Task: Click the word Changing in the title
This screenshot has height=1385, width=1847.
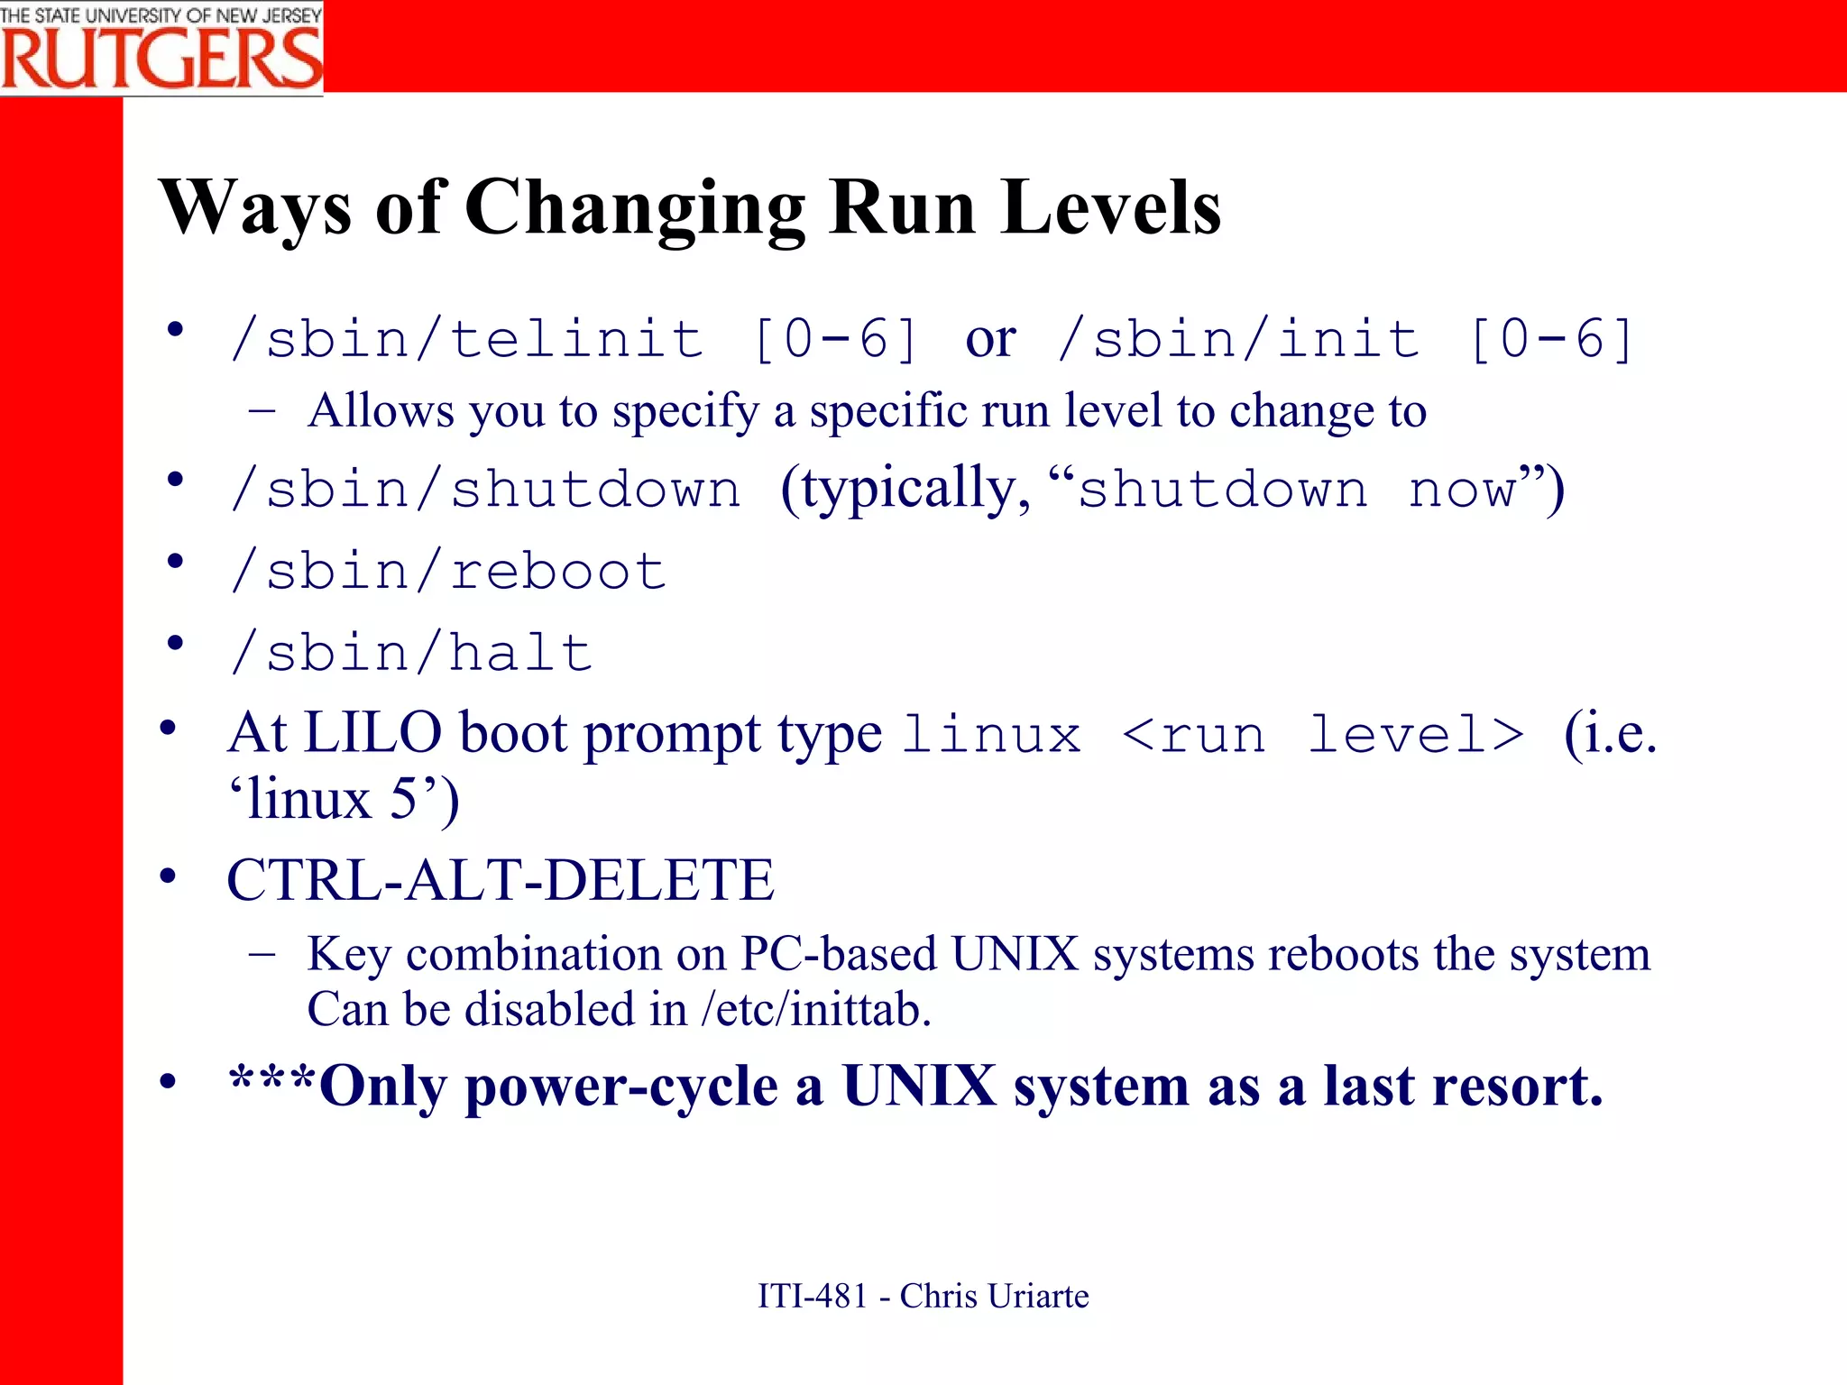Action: click(634, 209)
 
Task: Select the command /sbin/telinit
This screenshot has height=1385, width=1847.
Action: click(466, 340)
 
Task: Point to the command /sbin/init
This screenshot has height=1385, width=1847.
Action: click(1238, 340)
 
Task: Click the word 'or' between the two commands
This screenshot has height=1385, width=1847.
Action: click(990, 340)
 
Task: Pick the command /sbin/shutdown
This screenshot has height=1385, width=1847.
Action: click(485, 491)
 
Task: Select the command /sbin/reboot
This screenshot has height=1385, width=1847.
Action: click(448, 572)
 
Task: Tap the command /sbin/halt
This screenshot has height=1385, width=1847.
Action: click(411, 653)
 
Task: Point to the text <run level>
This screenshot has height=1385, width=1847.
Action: click(1323, 734)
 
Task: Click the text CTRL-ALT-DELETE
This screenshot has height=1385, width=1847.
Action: click(501, 880)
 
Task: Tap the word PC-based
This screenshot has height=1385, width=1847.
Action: click(838, 954)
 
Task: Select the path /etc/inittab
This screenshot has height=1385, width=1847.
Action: click(814, 1010)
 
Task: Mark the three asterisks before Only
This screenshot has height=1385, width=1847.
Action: click(271, 1079)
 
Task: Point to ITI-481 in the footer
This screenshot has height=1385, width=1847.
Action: click(812, 1296)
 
